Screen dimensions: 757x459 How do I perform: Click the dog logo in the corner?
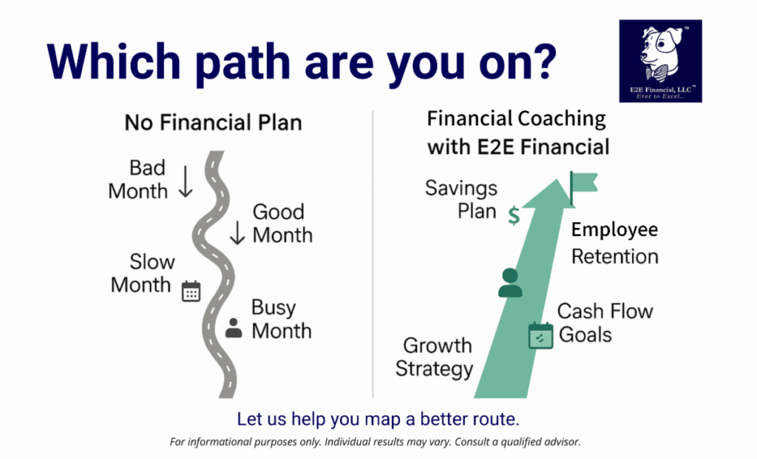coord(660,61)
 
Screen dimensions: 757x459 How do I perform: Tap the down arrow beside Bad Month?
coord(186,182)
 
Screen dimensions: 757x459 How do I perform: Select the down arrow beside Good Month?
coord(237,232)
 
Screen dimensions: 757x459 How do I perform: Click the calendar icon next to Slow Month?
coord(191,291)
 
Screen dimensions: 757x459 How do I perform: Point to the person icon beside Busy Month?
coord(234,328)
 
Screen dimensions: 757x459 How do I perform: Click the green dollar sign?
coord(515,215)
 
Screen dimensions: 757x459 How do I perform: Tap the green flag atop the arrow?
coord(583,187)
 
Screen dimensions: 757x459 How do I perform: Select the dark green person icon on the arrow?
coord(510,283)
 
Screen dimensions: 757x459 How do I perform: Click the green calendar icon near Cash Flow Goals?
coord(540,335)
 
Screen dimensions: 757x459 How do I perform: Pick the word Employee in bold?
coord(614,230)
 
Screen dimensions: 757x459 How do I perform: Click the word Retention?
coord(614,256)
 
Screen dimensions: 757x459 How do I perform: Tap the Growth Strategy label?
coord(435,358)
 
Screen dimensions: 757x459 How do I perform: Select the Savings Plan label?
coord(461,200)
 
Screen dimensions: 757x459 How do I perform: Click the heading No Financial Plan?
coord(214,122)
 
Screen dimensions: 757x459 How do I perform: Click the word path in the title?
coord(242,63)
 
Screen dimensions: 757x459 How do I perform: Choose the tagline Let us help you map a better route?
coord(378,419)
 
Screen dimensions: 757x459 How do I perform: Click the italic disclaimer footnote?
coord(375,441)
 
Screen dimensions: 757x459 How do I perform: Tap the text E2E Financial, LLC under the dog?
coord(661,90)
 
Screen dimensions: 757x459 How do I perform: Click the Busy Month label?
coord(282,319)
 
